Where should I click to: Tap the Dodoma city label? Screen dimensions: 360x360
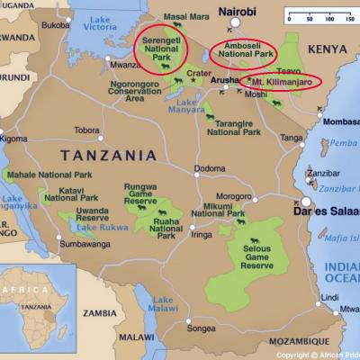pos(210,168)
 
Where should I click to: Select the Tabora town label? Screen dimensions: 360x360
pos(86,130)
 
